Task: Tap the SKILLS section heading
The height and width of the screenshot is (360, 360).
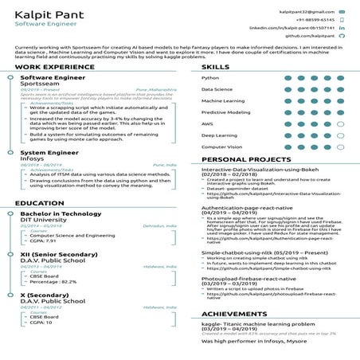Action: (215, 68)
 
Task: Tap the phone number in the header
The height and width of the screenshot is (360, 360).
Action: (314, 20)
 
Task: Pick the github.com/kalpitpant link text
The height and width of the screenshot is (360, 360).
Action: (310, 36)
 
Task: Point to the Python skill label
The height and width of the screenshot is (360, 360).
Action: (211, 78)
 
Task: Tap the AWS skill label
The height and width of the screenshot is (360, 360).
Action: (207, 124)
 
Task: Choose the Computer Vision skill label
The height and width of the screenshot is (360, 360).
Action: (222, 147)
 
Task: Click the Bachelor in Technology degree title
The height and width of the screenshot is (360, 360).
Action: (61, 214)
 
